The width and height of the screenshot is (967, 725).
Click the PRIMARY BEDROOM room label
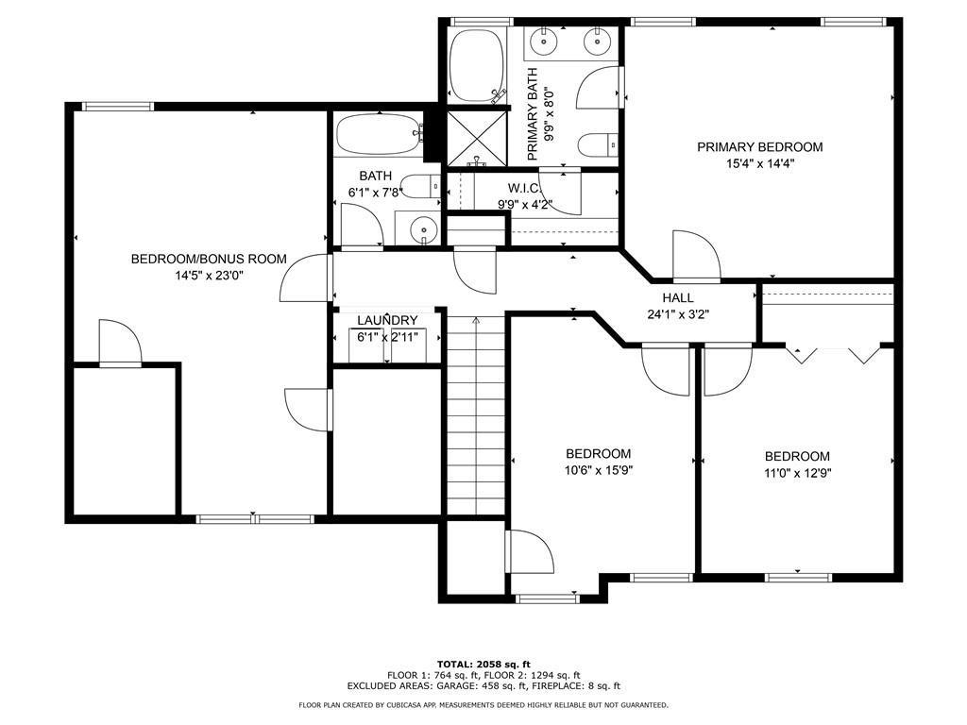tap(760, 146)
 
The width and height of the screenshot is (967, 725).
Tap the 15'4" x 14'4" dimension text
tap(760, 164)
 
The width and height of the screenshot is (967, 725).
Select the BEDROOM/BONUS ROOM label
tap(209, 259)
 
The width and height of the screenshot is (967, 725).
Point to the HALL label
tap(678, 297)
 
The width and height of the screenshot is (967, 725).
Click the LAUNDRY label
tap(387, 321)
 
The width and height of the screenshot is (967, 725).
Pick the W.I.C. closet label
tap(525, 188)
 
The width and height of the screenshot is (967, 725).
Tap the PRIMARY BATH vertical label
tap(533, 114)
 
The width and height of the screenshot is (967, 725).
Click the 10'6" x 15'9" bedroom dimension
tap(598, 471)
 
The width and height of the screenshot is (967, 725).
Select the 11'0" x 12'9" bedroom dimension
tap(797, 474)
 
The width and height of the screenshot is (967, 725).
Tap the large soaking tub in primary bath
tap(476, 66)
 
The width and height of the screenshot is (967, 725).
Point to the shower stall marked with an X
tap(477, 137)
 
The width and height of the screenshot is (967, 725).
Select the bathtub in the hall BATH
tap(380, 134)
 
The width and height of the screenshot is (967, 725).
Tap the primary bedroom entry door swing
tap(696, 256)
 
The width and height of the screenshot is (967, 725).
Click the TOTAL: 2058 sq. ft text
tap(483, 664)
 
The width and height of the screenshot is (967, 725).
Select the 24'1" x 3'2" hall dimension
tap(678, 314)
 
